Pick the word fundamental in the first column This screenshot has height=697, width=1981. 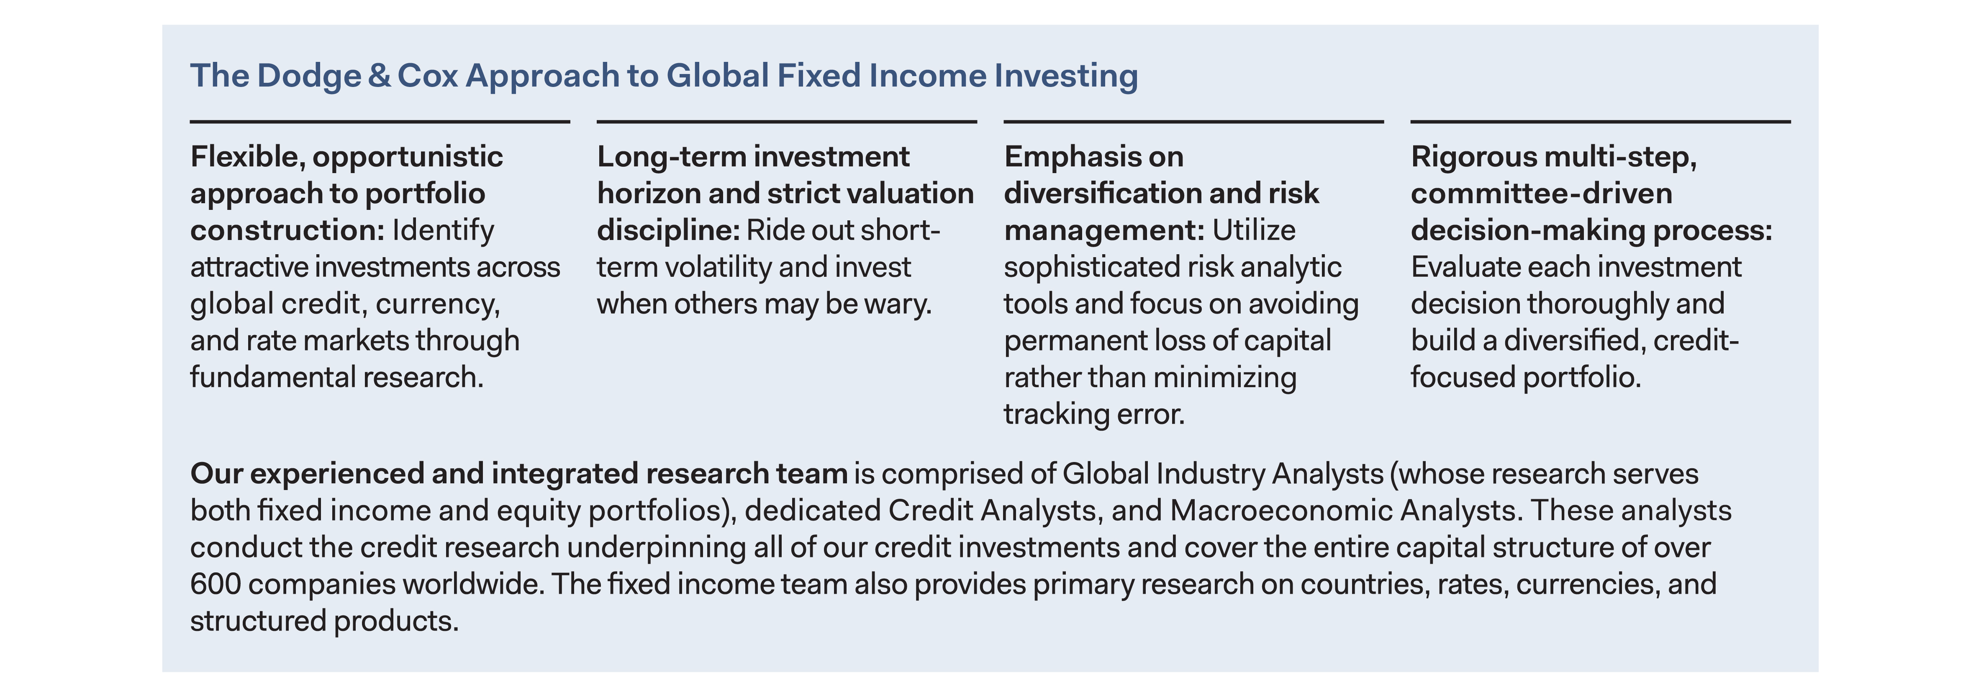pos(272,377)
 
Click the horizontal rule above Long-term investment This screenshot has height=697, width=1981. pos(787,121)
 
